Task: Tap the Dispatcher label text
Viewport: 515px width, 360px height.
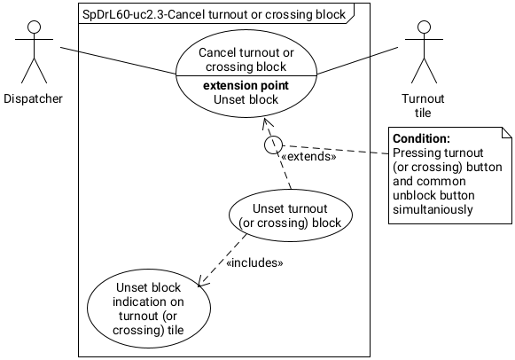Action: (x=33, y=98)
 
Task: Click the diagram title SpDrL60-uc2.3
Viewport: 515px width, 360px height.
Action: (x=214, y=14)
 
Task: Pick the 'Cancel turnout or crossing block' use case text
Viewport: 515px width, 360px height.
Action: (x=246, y=59)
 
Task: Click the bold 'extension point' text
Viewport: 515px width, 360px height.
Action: (x=246, y=86)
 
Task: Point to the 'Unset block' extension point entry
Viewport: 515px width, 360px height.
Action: (x=246, y=99)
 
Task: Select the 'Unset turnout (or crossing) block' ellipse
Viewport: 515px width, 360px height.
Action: (x=291, y=216)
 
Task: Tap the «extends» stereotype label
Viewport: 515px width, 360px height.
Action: (x=308, y=156)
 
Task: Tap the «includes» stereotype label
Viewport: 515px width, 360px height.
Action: (x=254, y=262)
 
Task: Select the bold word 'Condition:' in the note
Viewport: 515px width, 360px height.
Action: (x=421, y=139)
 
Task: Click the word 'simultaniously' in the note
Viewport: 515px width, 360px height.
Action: (x=435, y=210)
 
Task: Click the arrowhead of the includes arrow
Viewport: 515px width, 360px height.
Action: (x=202, y=283)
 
